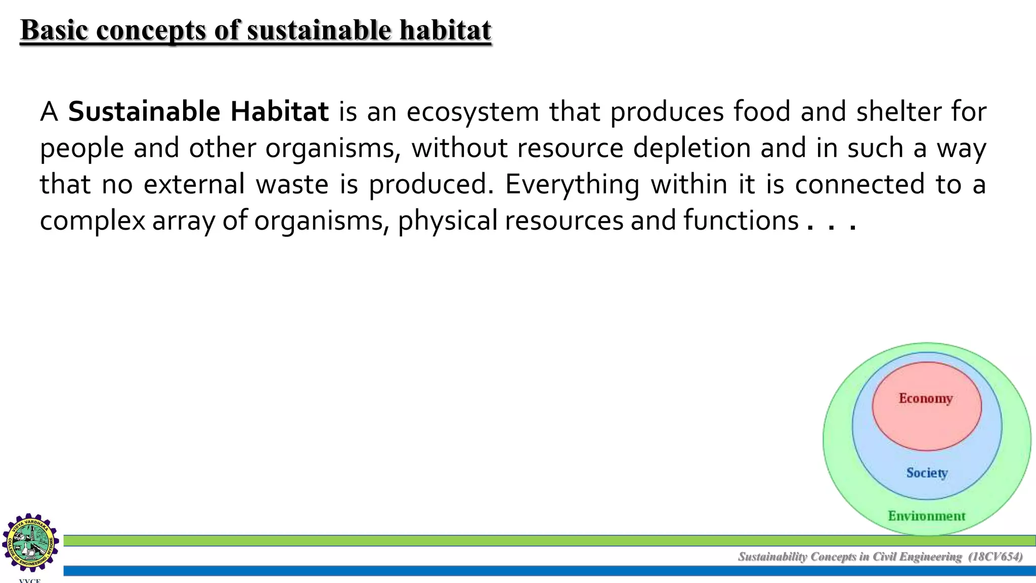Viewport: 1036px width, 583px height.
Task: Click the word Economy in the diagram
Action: tap(925, 399)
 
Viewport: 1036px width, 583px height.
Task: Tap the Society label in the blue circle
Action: tap(927, 473)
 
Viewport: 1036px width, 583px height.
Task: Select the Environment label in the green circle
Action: tap(926, 516)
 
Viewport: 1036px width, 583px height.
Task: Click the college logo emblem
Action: tap(30, 543)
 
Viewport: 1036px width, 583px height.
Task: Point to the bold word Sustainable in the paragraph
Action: tap(144, 112)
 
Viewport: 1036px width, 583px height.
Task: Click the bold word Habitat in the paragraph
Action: tap(279, 112)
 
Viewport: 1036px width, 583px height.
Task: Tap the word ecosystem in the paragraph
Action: tap(472, 112)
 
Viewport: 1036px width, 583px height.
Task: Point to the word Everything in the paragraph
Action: tap(572, 185)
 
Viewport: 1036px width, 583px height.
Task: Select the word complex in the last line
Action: tap(93, 221)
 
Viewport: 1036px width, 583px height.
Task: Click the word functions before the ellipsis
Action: tap(741, 221)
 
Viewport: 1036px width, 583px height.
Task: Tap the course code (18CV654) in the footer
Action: tap(995, 557)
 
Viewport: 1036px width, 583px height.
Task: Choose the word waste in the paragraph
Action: tap(292, 185)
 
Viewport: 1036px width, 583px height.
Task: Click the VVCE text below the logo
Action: tap(29, 580)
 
